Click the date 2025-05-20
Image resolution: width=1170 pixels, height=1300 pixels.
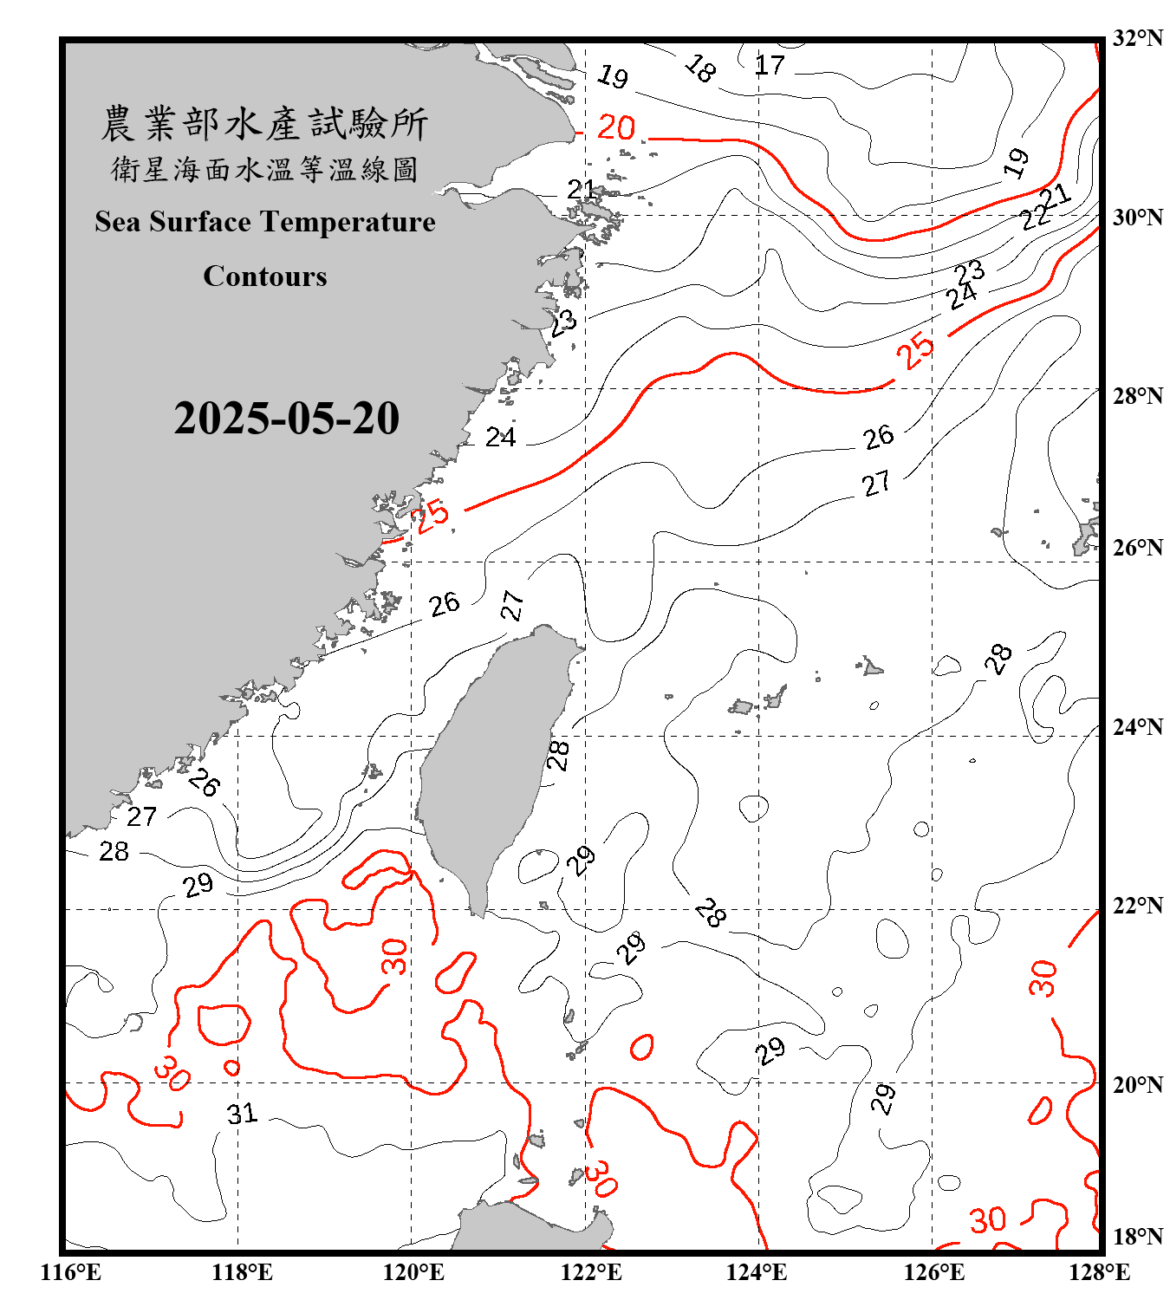click(x=286, y=418)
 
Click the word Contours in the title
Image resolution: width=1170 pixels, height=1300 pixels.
click(x=265, y=276)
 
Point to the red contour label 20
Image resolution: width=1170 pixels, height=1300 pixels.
click(x=616, y=127)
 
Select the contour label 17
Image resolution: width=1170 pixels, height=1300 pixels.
click(x=769, y=65)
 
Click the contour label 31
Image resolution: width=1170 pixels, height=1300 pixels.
click(x=242, y=1113)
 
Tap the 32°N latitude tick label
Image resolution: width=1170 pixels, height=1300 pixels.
click(x=1137, y=38)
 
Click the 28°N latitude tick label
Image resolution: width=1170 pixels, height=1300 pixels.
click(x=1137, y=396)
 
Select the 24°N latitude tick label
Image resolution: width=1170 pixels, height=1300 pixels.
click(x=1137, y=726)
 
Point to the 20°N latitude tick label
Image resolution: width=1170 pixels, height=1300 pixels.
click(x=1137, y=1084)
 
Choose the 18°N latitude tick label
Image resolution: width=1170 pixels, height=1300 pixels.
click(x=1137, y=1237)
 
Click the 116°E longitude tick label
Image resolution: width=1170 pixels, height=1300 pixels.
click(x=71, y=1272)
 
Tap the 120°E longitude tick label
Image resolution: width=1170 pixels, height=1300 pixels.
click(x=413, y=1272)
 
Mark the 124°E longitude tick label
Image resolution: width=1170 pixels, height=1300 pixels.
click(x=757, y=1272)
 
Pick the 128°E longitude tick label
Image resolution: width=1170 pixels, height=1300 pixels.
click(x=1099, y=1272)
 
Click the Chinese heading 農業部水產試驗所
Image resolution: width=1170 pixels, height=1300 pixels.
click(x=264, y=123)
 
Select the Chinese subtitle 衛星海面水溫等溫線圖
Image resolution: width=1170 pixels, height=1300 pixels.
click(x=264, y=169)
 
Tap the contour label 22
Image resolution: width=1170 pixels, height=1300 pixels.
click(x=1035, y=217)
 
